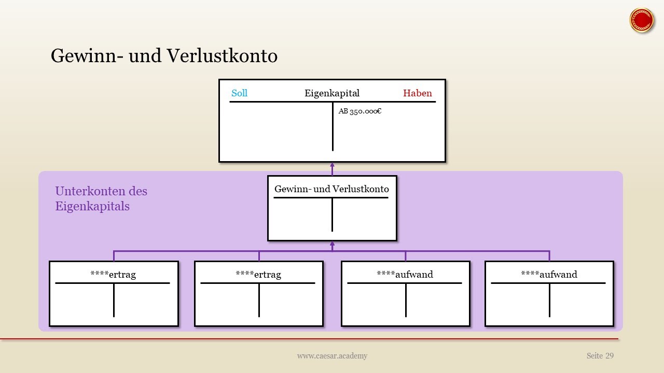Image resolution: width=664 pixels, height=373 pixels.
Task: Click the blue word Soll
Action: point(239,93)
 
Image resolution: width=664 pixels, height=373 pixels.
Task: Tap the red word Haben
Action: point(418,93)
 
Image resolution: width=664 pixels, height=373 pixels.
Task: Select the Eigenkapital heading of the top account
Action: point(332,94)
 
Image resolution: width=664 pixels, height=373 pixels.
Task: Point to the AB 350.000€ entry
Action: point(360,111)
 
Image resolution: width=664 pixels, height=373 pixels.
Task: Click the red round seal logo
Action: point(642,20)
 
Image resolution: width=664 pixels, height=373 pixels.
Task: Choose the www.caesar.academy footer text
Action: point(332,356)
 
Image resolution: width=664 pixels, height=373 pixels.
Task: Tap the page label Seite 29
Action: point(600,355)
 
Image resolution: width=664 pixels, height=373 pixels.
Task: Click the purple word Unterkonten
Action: point(90,191)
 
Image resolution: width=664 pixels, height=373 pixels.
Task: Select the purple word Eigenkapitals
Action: point(92,207)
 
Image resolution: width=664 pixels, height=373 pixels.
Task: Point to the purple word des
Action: point(138,191)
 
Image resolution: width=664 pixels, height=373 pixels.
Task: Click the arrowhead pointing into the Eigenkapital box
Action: point(333,165)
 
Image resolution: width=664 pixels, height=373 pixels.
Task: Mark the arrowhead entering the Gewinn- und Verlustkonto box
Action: point(333,244)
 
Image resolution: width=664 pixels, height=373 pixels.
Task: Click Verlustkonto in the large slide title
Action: point(222,55)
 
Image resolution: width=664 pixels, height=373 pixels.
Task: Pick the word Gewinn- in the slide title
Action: point(87,55)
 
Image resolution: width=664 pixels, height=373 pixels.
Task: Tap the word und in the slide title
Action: point(145,55)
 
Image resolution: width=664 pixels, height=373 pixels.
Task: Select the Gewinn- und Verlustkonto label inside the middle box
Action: point(331,189)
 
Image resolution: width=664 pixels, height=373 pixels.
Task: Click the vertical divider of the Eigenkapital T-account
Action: point(333,126)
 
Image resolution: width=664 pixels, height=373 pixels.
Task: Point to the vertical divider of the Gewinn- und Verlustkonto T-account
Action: point(333,215)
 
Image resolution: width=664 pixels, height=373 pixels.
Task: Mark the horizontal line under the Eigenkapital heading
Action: point(333,102)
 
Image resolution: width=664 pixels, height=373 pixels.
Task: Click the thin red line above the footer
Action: point(309,339)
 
